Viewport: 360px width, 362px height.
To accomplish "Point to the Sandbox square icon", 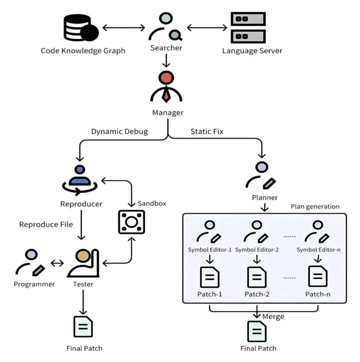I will (132, 222).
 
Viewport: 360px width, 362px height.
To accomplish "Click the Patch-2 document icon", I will (257, 276).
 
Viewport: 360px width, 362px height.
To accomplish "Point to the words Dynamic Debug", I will (119, 131).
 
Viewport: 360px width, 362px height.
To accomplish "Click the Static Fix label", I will (207, 131).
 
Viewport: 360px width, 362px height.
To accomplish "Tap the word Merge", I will (273, 316).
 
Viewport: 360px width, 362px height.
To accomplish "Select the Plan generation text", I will (315, 206).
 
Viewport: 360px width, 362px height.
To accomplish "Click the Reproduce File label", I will (46, 224).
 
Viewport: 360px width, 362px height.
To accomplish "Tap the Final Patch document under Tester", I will (83, 327).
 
